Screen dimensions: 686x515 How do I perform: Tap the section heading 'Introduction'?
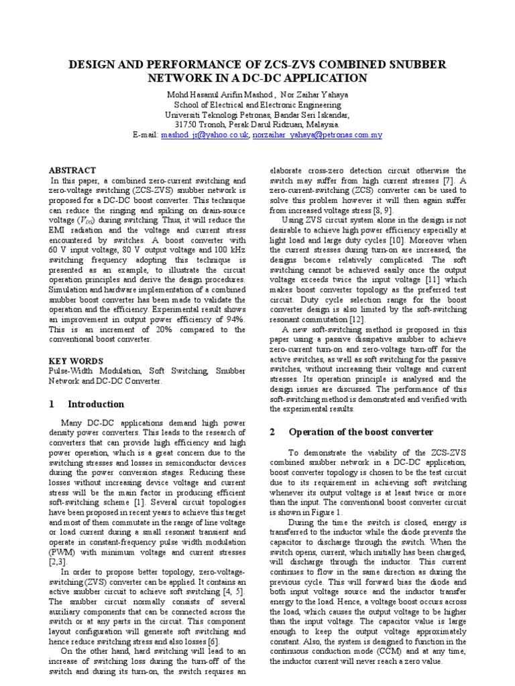(96, 404)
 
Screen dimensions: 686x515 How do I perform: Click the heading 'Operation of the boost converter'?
(361, 432)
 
